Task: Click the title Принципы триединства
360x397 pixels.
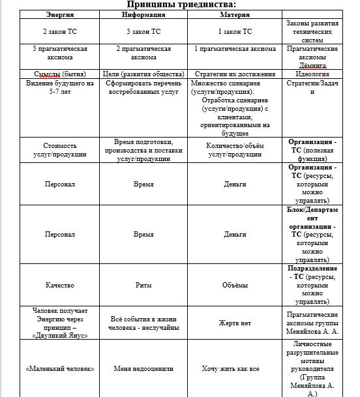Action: point(181,5)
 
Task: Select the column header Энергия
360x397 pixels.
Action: point(59,14)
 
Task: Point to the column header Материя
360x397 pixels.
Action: point(235,14)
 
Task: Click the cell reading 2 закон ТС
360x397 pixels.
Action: point(59,31)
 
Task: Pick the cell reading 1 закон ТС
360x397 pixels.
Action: point(235,31)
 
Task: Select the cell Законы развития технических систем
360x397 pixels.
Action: point(312,31)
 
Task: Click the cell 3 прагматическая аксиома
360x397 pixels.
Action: point(59,53)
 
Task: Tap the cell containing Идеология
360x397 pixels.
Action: point(312,74)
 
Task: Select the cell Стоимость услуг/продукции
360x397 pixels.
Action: point(59,150)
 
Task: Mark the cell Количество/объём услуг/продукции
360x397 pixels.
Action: point(235,150)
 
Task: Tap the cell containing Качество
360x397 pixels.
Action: point(59,285)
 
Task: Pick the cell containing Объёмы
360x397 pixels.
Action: point(235,285)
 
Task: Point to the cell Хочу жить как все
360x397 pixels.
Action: point(235,368)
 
